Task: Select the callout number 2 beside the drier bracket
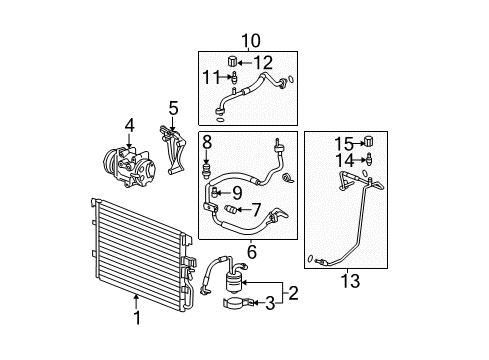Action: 293,295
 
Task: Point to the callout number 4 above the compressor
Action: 128,125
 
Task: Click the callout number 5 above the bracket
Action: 172,107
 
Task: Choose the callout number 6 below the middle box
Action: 251,251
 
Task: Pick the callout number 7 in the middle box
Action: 256,209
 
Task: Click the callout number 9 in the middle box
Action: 237,192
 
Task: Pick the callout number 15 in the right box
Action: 344,142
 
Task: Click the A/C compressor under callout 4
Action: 124,161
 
